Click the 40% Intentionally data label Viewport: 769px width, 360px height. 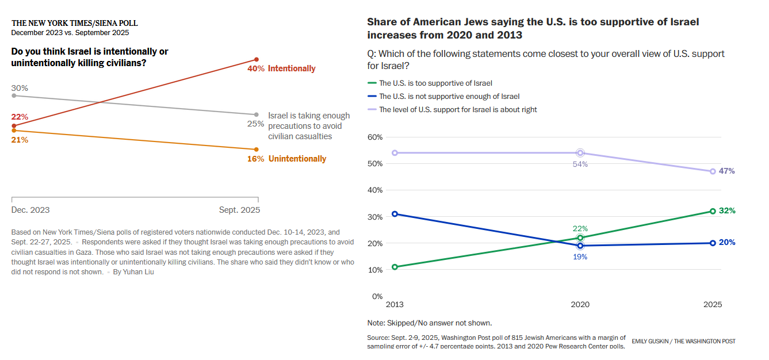click(281, 68)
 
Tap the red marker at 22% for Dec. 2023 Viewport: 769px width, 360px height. click(14, 125)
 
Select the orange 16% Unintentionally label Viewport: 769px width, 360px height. click(286, 159)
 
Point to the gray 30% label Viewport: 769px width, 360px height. click(20, 88)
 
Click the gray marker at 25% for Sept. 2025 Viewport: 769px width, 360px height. click(257, 114)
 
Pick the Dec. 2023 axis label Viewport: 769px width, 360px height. click(30, 210)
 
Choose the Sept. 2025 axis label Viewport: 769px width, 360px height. click(239, 210)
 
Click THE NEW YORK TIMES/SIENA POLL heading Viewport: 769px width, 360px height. click(75, 24)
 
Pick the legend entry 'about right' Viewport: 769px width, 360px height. click(458, 109)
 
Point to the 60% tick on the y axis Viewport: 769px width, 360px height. click(375, 137)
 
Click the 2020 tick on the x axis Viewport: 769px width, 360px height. click(580, 305)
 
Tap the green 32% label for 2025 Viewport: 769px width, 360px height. click(727, 211)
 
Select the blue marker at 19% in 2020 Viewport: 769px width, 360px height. click(580, 246)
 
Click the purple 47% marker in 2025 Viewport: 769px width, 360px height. click(713, 171)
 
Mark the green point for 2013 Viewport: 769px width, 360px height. click(395, 267)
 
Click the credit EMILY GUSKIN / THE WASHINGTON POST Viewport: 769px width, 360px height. click(683, 342)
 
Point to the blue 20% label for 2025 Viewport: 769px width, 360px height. click(727, 243)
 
